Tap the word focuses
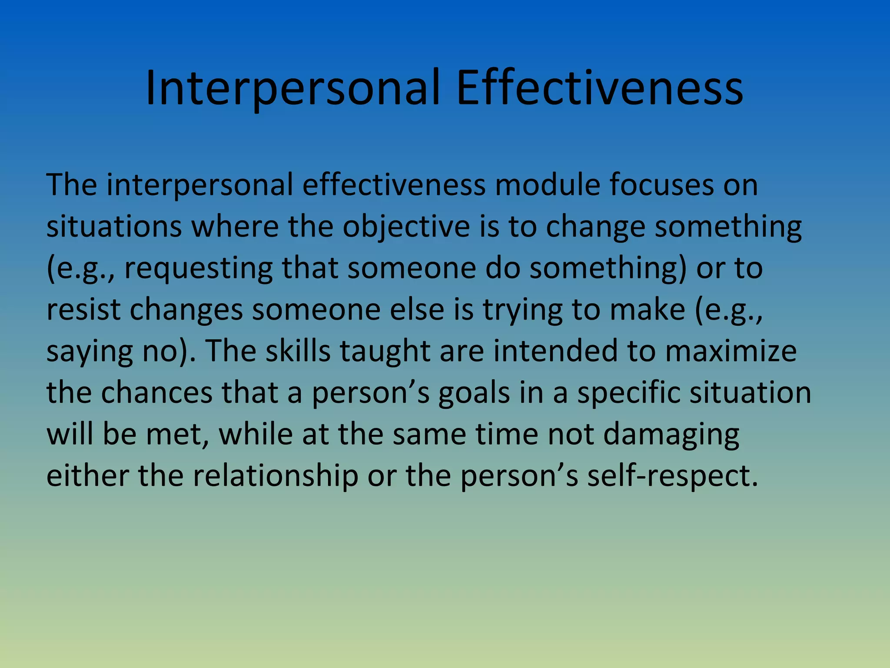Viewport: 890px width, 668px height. (x=661, y=185)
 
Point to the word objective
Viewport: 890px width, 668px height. (x=406, y=227)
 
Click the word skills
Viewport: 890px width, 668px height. (x=298, y=351)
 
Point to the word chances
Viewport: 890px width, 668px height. (x=157, y=392)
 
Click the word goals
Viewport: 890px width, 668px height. (x=474, y=392)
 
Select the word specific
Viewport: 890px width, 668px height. (x=628, y=392)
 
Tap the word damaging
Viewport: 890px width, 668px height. (x=671, y=434)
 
